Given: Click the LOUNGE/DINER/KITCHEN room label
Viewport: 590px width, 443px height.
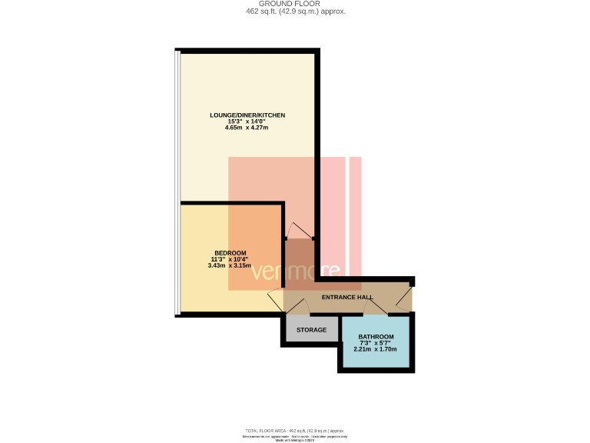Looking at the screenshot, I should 247,115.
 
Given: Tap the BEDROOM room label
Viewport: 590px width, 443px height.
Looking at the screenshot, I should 230,254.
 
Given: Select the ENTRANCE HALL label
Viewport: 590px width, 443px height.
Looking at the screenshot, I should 347,297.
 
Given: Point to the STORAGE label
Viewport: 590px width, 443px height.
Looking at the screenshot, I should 312,330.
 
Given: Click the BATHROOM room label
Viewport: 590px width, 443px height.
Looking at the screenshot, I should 376,337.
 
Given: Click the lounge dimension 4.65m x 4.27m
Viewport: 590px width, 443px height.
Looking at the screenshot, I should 247,128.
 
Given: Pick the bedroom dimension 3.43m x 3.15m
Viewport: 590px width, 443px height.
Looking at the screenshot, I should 230,265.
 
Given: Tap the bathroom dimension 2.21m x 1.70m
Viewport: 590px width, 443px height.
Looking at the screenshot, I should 376,349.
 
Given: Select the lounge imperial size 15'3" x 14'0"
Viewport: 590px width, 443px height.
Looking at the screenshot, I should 247,122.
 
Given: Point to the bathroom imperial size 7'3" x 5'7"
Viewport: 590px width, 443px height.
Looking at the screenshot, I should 376,343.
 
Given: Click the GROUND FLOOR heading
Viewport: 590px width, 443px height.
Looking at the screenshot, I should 295,4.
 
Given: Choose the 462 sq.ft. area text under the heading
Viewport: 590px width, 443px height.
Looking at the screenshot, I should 295,12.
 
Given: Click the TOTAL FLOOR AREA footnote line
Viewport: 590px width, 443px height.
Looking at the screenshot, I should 295,431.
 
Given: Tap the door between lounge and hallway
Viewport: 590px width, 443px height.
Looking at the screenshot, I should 299,230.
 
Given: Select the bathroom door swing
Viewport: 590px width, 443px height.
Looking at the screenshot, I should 375,308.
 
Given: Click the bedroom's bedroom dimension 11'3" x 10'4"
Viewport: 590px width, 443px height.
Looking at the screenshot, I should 230,260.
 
